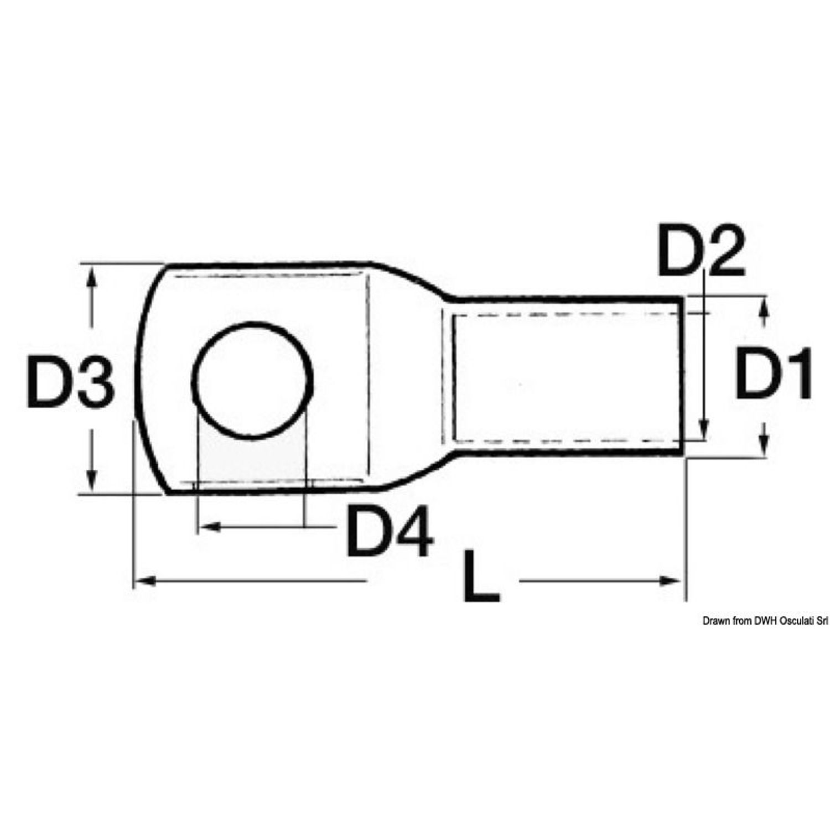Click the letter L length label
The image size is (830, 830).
click(x=481, y=575)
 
